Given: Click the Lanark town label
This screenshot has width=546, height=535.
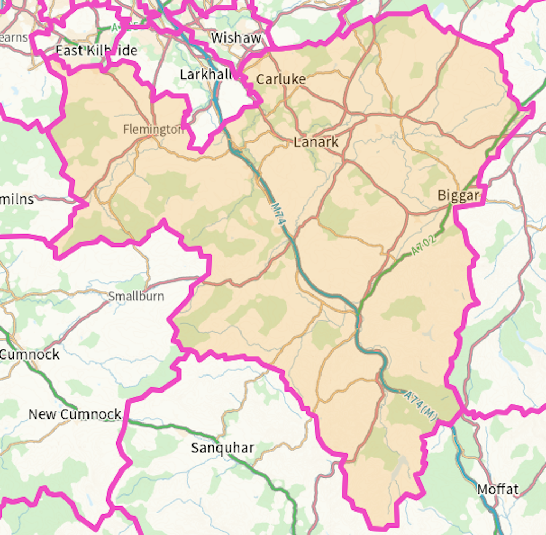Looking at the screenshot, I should tap(316, 142).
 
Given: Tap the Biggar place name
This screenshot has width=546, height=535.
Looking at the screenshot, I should tap(458, 196).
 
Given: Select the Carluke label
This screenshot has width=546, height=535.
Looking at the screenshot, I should tap(281, 79).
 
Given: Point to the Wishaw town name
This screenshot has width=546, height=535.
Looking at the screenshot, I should tap(236, 38).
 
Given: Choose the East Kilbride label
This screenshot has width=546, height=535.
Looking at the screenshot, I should tap(97, 51).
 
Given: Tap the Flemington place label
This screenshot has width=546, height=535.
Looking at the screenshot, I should tap(153, 130).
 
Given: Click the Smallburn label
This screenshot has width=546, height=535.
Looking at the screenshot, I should tap(136, 297).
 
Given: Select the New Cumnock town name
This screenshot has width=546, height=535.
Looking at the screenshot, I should tap(75, 414).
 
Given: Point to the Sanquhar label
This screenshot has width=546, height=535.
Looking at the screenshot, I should tap(222, 448).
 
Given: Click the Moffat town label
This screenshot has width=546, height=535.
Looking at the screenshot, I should tap(497, 489).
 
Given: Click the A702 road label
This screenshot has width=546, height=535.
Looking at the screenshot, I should tap(424, 244).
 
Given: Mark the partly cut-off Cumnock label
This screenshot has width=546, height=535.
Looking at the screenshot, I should tap(30, 355).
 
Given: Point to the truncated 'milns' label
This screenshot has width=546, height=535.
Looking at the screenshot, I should tap(17, 200).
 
